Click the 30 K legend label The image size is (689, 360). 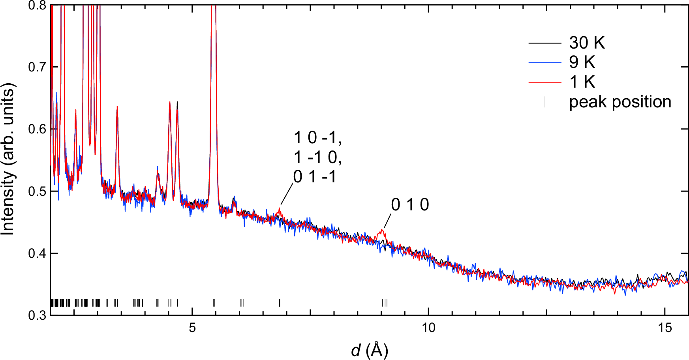(x=587, y=43)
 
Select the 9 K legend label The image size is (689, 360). (x=582, y=62)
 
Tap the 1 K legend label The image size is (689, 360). (x=582, y=82)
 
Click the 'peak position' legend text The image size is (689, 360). (x=620, y=102)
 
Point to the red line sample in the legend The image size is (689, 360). (x=544, y=82)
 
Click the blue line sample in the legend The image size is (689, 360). (x=544, y=62)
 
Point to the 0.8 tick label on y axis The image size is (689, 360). (x=37, y=6)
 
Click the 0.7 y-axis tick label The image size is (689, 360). (x=37, y=67)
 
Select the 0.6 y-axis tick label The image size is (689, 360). (x=37, y=129)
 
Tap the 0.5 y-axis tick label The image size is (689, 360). (x=37, y=191)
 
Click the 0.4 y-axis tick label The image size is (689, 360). (x=37, y=253)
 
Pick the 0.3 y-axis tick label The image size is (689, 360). (x=37, y=315)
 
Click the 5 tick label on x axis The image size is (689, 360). (x=192, y=328)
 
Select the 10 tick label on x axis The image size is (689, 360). (x=428, y=328)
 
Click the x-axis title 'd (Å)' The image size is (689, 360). (x=369, y=350)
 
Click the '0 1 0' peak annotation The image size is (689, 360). (x=410, y=205)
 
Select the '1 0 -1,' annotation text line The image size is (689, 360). (x=317, y=138)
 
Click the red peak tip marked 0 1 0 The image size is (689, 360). (x=382, y=229)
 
